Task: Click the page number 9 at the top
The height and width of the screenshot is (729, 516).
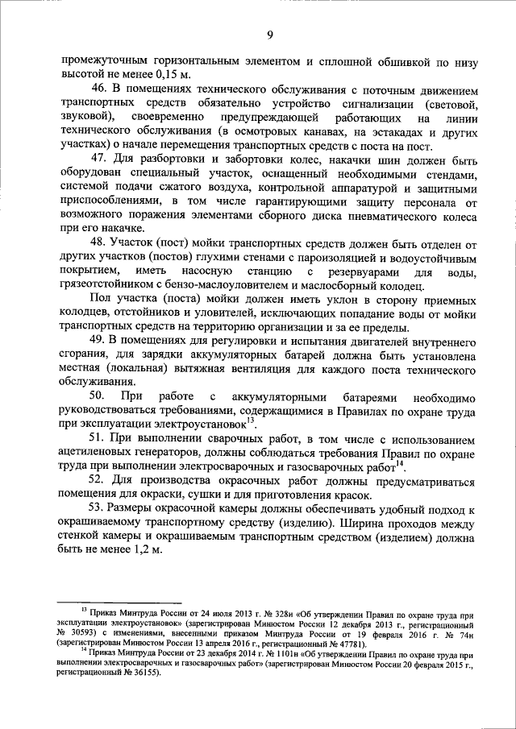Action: (x=269, y=34)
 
